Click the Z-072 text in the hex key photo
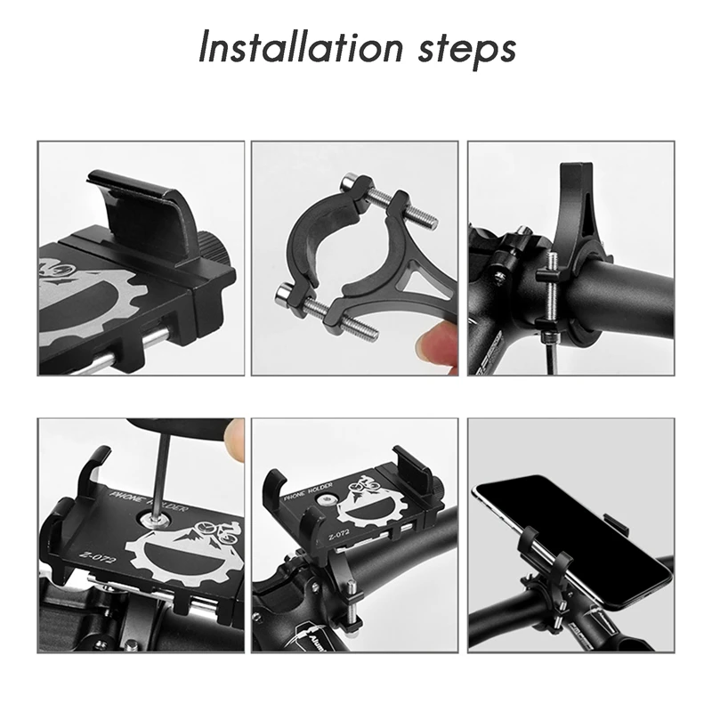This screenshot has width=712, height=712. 90,555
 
